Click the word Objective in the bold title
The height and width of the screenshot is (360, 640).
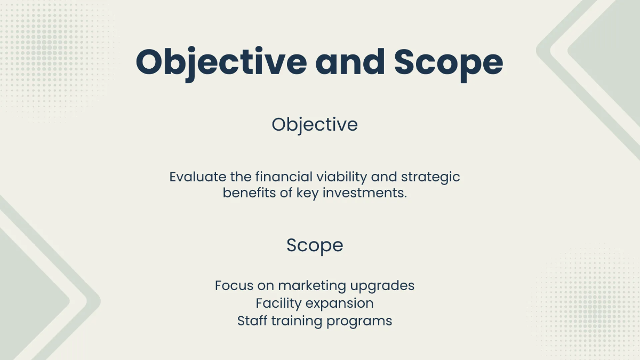[221, 63]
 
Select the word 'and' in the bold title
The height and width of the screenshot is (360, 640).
[350, 62]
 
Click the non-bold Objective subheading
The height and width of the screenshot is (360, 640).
[315, 125]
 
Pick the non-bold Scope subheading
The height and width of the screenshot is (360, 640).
[315, 246]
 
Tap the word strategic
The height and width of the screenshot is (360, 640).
[430, 178]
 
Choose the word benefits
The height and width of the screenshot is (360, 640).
[249, 193]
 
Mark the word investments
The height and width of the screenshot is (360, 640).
[365, 193]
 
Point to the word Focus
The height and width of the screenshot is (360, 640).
[234, 285]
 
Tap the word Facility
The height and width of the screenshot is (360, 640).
[278, 303]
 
